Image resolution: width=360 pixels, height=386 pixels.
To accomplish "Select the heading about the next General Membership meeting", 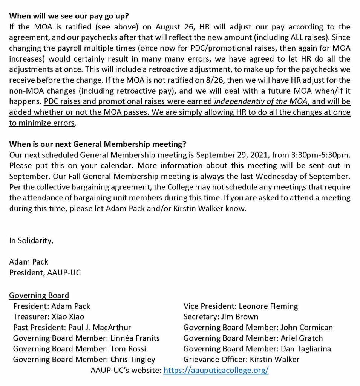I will coord(98,144).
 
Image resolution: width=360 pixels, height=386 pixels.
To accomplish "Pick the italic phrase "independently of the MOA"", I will coord(247,102).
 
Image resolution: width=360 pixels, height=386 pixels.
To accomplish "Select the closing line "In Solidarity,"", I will coord(31,241).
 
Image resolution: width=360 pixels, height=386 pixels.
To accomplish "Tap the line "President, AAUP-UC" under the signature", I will coord(45,272).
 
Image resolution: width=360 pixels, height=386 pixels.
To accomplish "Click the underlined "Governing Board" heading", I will coord(39,295).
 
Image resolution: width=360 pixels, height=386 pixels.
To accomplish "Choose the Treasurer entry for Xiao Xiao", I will coord(49,317).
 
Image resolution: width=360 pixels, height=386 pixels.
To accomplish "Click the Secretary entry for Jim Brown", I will coord(221,317).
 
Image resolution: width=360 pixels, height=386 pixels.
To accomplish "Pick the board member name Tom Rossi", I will coord(128,349).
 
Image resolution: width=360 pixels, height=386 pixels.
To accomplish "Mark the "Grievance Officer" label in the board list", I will coord(209,359).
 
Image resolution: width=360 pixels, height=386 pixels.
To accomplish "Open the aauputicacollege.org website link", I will coord(216,370).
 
